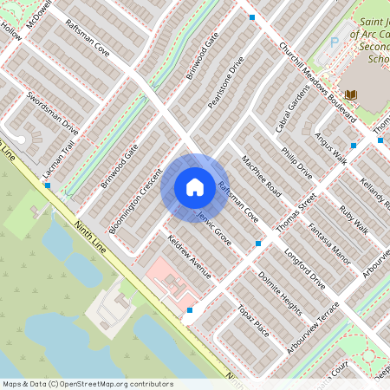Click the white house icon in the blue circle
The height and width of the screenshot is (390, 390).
pyautogui.click(x=195, y=186)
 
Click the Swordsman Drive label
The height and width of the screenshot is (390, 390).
pyautogui.click(x=52, y=112)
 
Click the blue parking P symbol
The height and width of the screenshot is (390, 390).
pyautogui.click(x=335, y=42)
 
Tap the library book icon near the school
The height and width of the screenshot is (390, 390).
pyautogui.click(x=350, y=94)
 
